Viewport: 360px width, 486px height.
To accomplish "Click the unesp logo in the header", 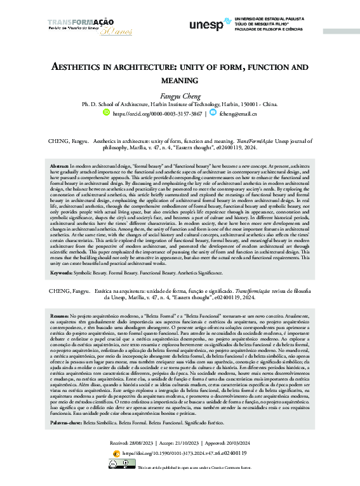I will click(206, 25).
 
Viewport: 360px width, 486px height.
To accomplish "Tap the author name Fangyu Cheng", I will click(180, 95).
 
